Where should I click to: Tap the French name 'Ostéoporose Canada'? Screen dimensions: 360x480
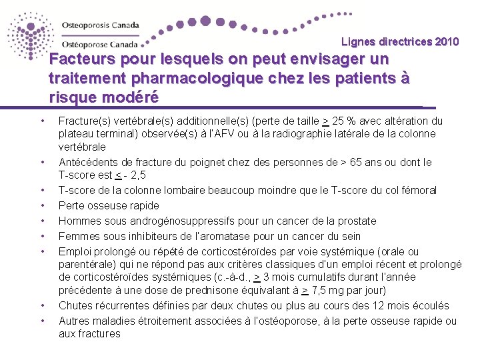pyautogui.click(x=100, y=45)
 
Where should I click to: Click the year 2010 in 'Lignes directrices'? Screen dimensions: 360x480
pyautogui.click(x=447, y=42)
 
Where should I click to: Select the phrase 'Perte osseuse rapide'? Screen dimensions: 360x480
pyautogui.click(x=109, y=206)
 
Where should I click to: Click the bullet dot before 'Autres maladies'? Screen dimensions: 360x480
pyautogui.click(x=42, y=321)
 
